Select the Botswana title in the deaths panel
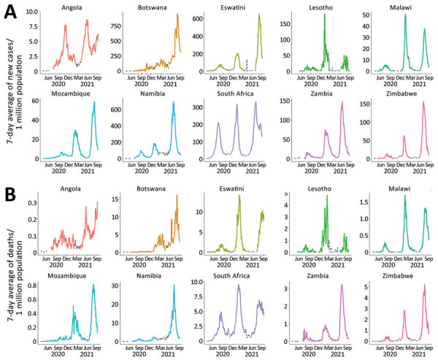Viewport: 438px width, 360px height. pos(150,188)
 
